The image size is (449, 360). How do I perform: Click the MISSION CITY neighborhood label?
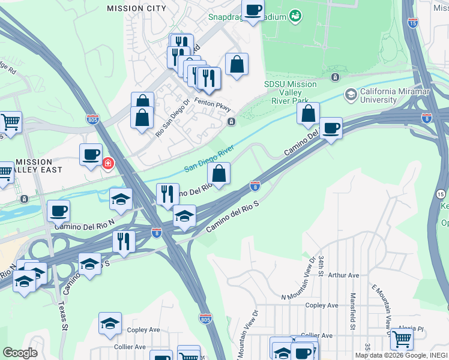click(x=136, y=8)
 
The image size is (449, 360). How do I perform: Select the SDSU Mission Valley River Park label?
click(x=291, y=93)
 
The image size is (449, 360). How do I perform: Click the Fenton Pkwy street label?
click(x=212, y=103)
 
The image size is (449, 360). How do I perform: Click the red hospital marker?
click(x=108, y=163)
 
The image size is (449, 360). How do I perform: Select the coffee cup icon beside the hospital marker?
click(x=91, y=154)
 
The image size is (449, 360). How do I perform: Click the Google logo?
click(x=20, y=353)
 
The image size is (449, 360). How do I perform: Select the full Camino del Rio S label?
click(x=232, y=218)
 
